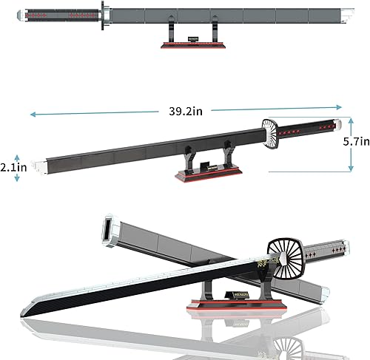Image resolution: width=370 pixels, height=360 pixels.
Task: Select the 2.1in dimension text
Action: [x=13, y=167]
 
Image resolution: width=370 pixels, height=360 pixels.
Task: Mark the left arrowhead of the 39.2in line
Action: [x=34, y=114]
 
